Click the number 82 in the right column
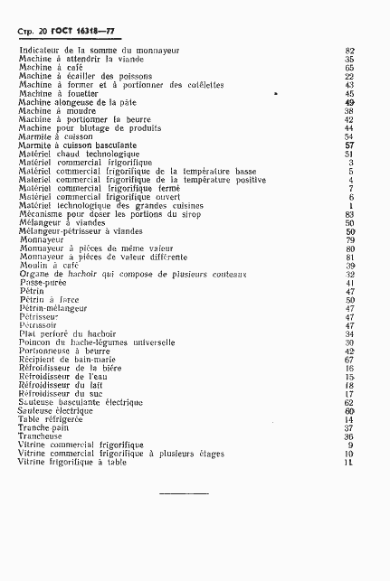[x=349, y=51]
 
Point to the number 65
[x=349, y=68]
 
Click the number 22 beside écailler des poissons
[x=349, y=77]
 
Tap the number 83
[x=349, y=214]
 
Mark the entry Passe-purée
[x=44, y=283]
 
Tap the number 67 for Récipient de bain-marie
[x=349, y=360]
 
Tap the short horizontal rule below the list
[x=183, y=493]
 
